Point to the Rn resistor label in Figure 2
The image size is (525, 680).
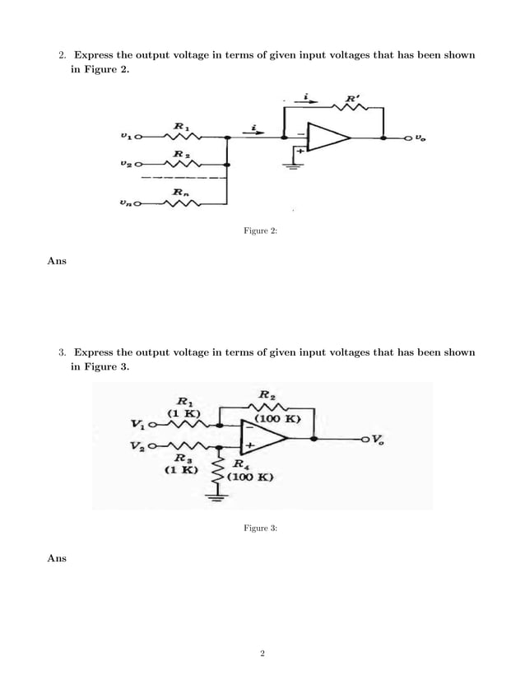[178, 192]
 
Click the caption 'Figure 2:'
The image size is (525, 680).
[261, 233]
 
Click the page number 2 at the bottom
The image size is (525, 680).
[262, 654]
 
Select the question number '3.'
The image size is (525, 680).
[63, 352]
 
